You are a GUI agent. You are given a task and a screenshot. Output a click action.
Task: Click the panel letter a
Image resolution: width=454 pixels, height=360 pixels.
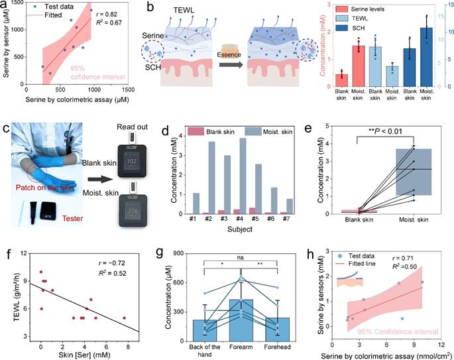(5, 7)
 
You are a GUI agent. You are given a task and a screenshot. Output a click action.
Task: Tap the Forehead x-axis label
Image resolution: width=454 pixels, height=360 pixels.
(264, 347)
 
